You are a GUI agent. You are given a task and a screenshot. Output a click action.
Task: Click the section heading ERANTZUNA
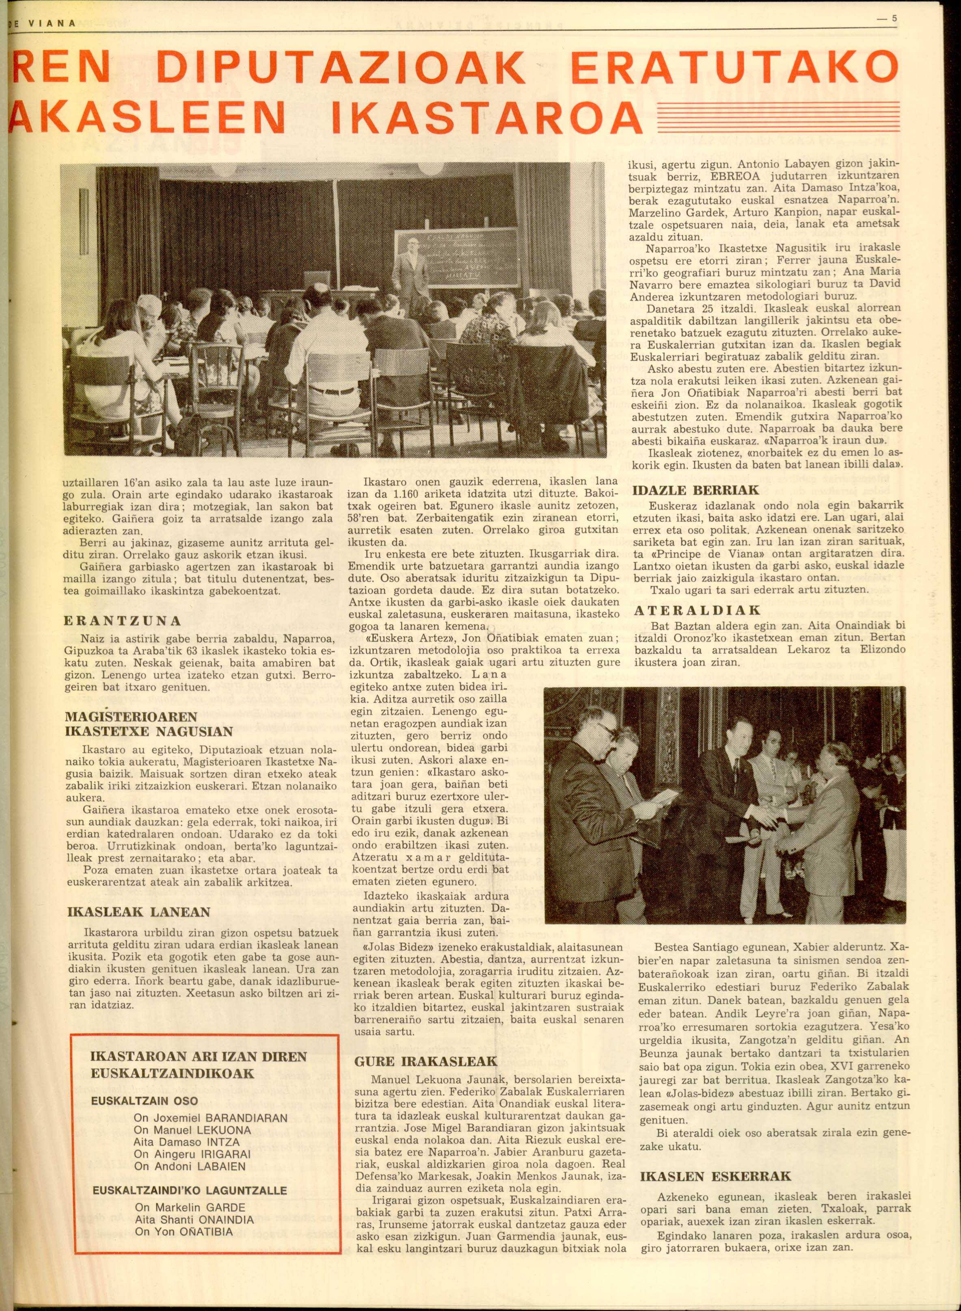(122, 621)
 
